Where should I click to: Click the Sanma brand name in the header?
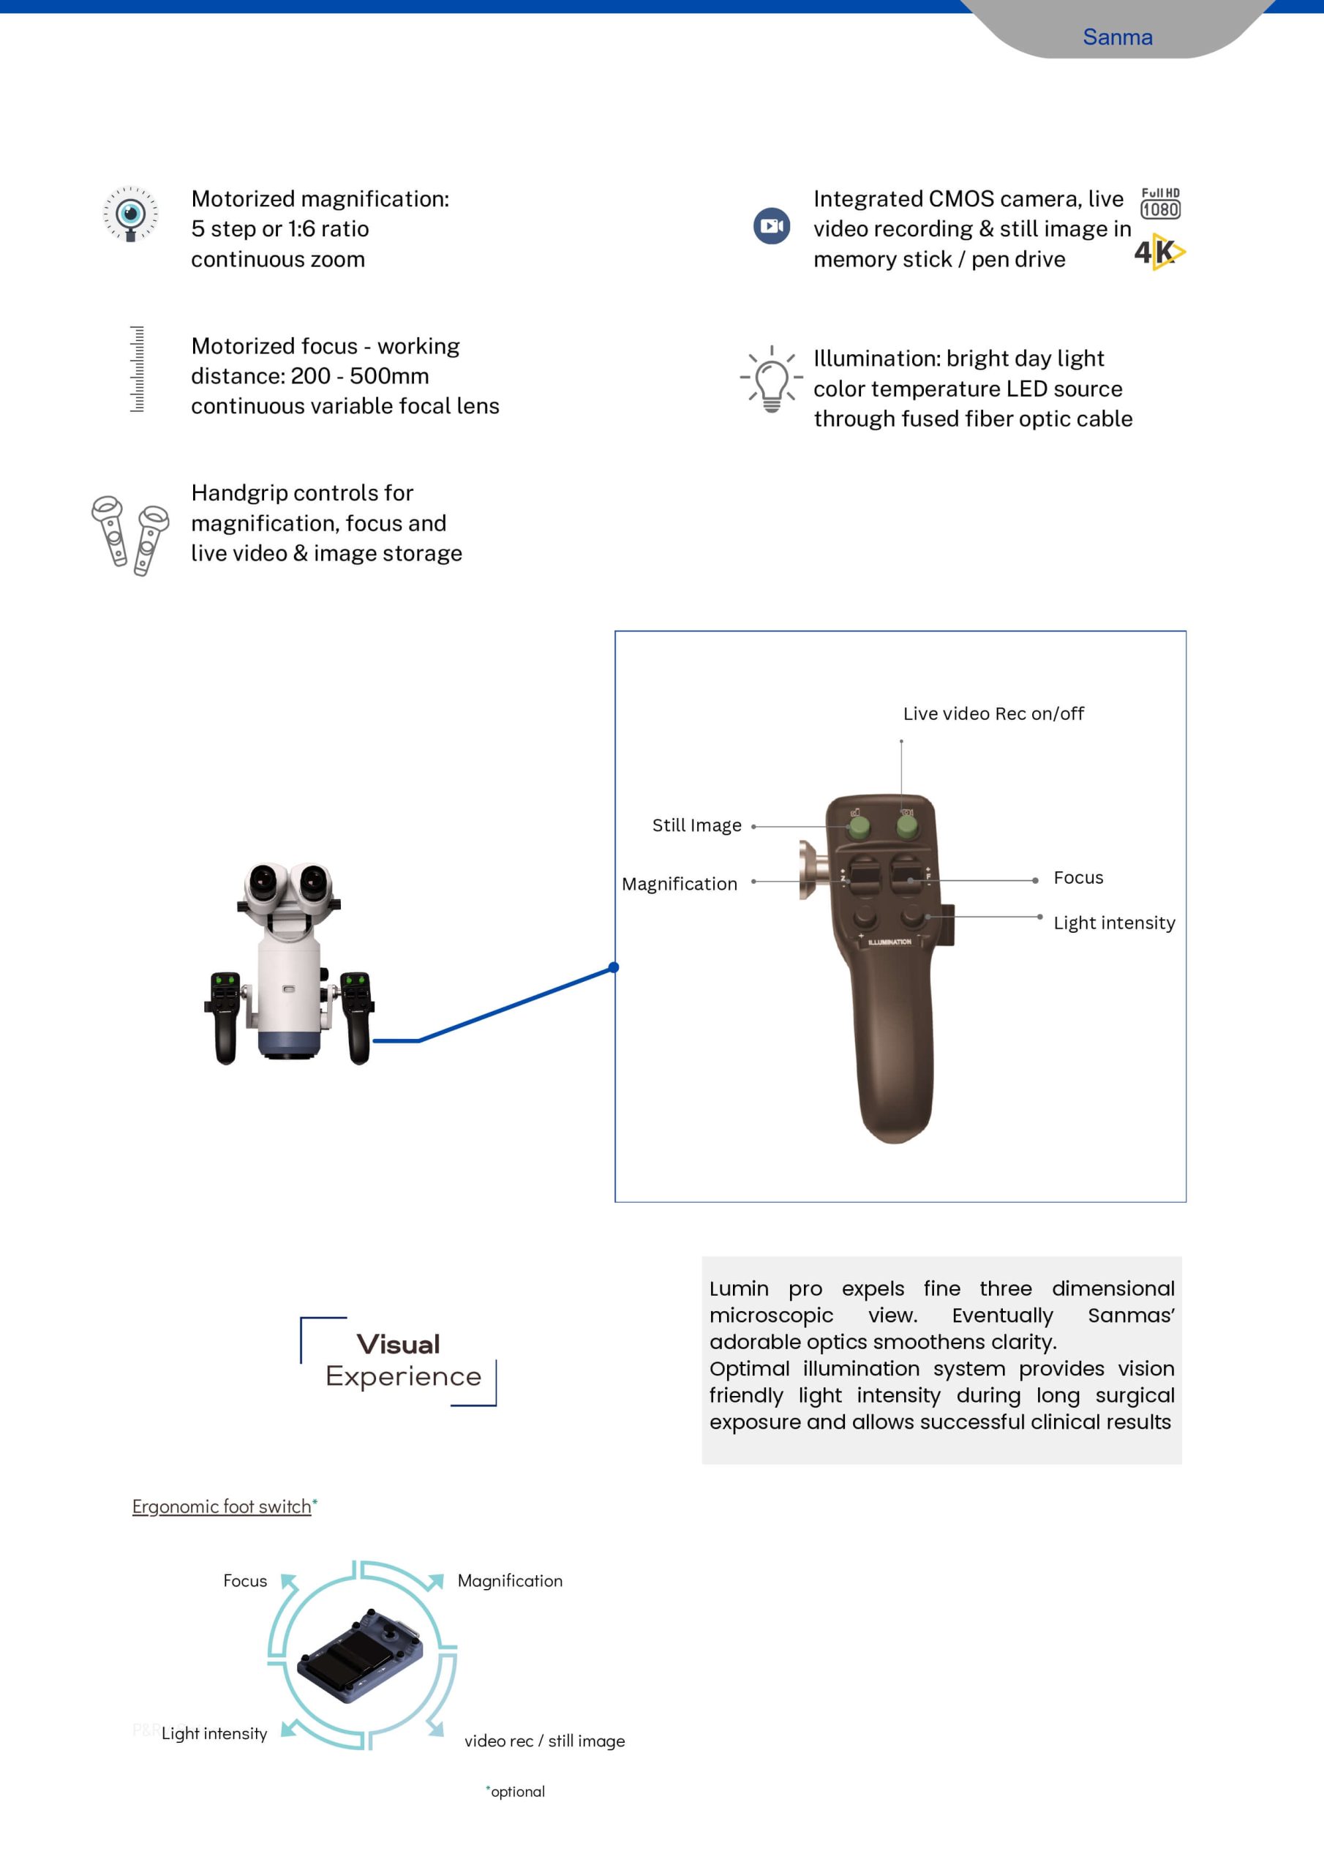(1117, 37)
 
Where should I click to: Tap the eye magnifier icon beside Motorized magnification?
(130, 214)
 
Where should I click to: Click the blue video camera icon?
(771, 226)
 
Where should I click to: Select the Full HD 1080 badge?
(1160, 204)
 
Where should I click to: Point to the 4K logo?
(1159, 252)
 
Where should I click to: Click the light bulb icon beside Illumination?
(771, 379)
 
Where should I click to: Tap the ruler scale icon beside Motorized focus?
(137, 369)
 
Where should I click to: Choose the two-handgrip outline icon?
(130, 534)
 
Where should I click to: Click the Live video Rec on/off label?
(993, 714)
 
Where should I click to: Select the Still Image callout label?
(696, 825)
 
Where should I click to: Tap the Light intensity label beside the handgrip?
(1113, 923)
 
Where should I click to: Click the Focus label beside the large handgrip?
(1077, 878)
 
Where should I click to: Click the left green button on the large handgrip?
(858, 827)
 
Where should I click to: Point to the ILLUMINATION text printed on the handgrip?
(889, 942)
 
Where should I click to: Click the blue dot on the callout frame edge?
(614, 967)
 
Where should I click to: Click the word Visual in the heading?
(398, 1344)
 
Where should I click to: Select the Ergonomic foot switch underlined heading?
(222, 1506)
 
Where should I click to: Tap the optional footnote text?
(517, 1793)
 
